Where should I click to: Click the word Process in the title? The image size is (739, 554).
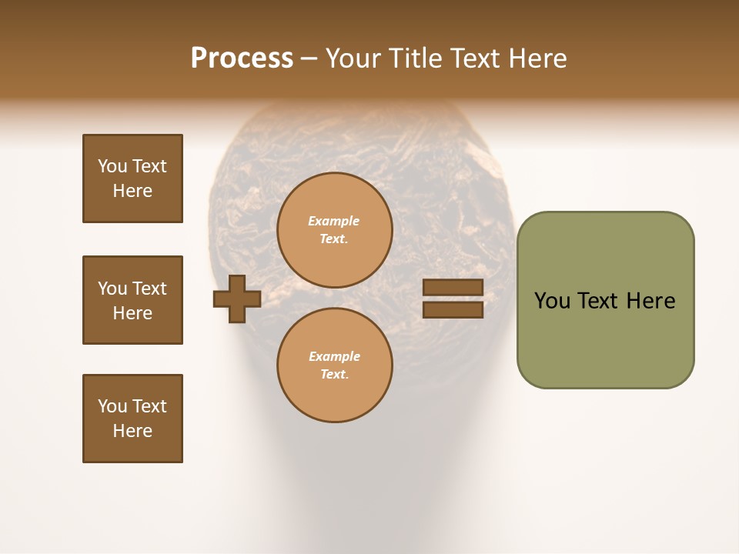tap(242, 58)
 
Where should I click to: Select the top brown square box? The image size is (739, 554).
tap(132, 179)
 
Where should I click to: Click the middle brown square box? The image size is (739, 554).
tap(132, 300)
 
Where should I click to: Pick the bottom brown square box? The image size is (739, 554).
tap(132, 419)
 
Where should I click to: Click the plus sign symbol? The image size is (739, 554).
tap(237, 299)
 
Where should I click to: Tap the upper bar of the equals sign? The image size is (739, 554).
tap(453, 288)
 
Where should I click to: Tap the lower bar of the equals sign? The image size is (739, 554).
tap(453, 310)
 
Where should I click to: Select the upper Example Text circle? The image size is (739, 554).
tap(335, 230)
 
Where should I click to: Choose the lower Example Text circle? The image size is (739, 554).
tap(335, 365)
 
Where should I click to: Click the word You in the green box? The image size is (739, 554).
tap(552, 301)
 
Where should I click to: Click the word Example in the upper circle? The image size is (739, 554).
tap(334, 221)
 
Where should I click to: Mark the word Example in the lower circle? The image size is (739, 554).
tap(334, 356)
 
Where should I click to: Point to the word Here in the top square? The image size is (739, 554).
tap(132, 191)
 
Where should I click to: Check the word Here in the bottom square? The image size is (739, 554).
tap(132, 431)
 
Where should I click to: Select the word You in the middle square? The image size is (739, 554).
tap(112, 289)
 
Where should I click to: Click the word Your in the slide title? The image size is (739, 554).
tap(353, 58)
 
